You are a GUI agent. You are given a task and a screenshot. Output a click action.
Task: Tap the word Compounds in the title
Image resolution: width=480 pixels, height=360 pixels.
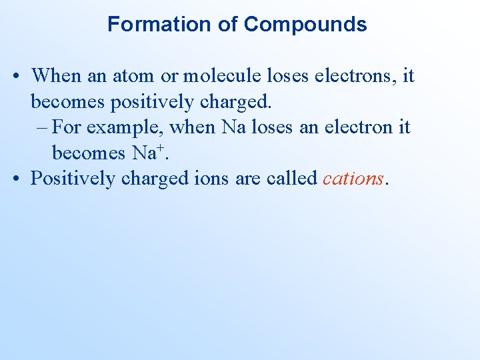click(305, 25)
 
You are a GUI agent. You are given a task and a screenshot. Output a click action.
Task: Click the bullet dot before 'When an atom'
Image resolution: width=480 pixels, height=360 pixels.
click(15, 75)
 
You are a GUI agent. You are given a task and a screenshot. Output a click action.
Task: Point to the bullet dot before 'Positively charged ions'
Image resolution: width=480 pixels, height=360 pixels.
click(15, 179)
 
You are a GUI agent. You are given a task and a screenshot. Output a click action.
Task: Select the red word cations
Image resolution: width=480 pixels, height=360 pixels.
click(353, 179)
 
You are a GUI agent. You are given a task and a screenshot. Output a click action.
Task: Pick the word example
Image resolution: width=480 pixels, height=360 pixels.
click(123, 127)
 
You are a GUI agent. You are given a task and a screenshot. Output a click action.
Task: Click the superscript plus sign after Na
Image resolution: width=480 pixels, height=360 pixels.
click(160, 146)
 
